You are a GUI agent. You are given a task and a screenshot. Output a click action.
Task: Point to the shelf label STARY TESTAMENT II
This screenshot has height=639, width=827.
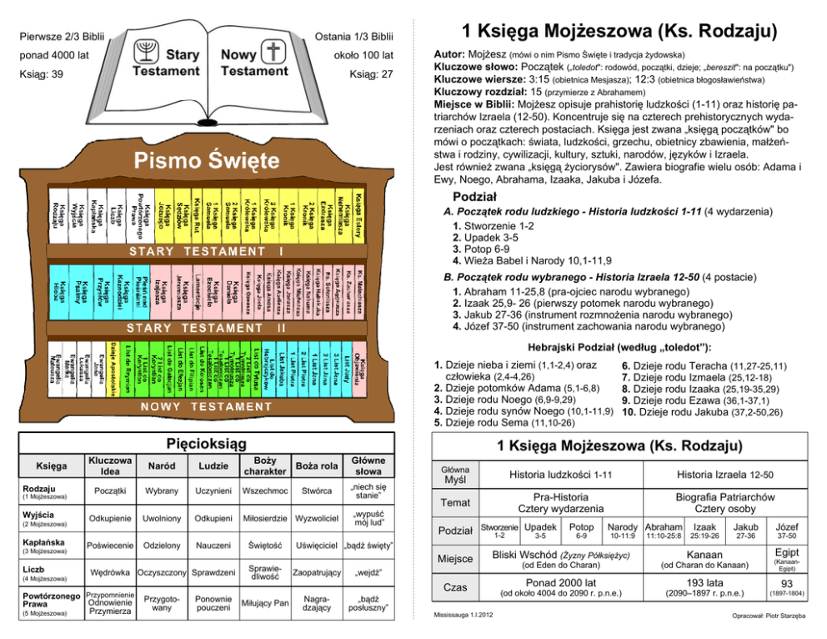tap(206, 328)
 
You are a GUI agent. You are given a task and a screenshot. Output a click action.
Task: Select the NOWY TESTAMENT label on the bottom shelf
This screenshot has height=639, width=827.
tap(207, 406)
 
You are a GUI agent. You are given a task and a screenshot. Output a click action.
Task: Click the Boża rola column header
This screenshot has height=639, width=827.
tap(317, 465)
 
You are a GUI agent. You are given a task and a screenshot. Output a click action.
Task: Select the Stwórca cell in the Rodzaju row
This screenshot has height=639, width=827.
tap(317, 491)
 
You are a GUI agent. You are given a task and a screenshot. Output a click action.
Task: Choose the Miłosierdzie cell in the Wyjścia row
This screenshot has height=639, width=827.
tap(264, 518)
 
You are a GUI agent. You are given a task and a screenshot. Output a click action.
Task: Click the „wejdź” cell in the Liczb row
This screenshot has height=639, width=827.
tap(368, 573)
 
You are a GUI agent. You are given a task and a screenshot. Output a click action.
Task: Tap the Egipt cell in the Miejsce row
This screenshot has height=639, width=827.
tap(786, 553)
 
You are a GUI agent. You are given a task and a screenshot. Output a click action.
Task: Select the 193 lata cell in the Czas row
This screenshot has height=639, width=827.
tap(704, 581)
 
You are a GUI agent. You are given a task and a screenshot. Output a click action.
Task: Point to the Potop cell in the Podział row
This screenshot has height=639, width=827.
tap(581, 527)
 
